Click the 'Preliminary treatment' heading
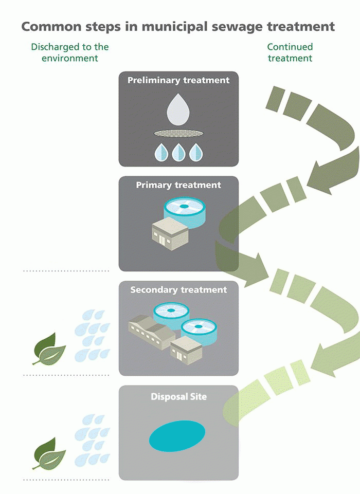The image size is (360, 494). tap(178, 80)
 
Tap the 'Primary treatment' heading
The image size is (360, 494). tap(178, 185)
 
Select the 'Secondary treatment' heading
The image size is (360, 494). tap(178, 290)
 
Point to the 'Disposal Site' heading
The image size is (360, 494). tap(178, 397)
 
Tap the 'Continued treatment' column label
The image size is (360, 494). tap(290, 52)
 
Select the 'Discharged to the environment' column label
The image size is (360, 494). tap(70, 52)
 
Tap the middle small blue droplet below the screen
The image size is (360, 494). tap(178, 152)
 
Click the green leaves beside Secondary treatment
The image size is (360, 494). tap(49, 349)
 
